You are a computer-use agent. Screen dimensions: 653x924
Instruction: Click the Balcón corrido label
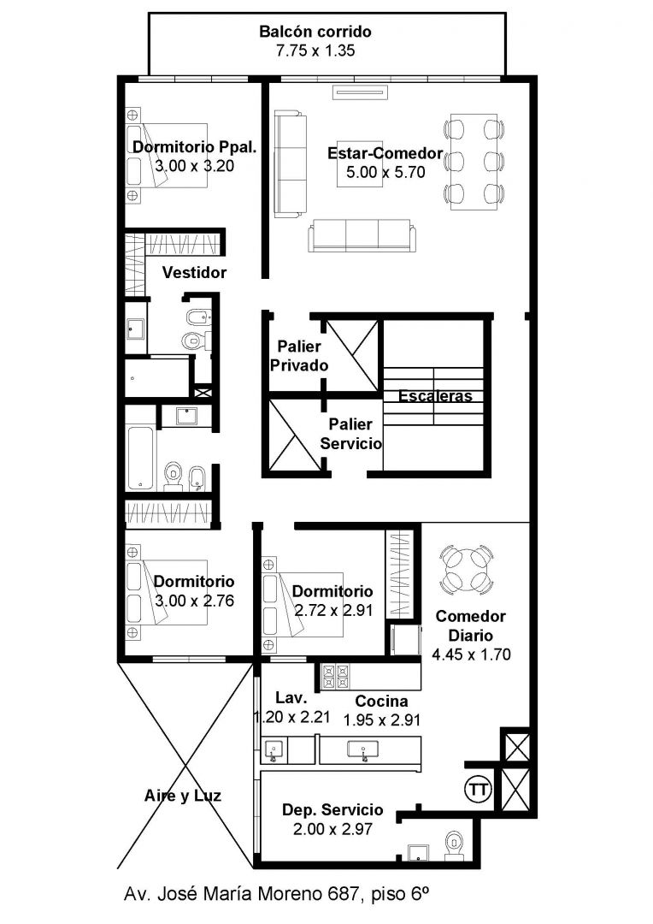(x=315, y=32)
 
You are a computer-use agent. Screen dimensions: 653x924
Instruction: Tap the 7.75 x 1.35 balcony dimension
(x=315, y=50)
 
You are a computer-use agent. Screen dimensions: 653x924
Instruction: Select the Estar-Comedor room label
(x=385, y=153)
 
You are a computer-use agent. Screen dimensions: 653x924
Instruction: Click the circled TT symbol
(x=478, y=789)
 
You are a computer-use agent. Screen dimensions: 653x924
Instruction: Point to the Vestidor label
(x=194, y=272)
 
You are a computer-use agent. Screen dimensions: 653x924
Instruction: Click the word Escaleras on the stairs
(x=436, y=396)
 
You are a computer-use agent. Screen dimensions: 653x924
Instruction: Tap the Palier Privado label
(x=299, y=356)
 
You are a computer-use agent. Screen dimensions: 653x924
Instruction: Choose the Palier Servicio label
(x=351, y=434)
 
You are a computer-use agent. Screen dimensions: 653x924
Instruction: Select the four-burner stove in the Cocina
(x=335, y=677)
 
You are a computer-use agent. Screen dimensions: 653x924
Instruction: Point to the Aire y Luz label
(x=183, y=797)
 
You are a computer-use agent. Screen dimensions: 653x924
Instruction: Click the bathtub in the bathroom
(x=141, y=459)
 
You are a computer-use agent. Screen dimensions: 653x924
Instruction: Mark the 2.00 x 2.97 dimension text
(x=332, y=829)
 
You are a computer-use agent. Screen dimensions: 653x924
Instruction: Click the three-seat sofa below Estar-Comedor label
(x=362, y=236)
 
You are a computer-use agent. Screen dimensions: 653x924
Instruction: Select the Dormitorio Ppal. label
(x=195, y=147)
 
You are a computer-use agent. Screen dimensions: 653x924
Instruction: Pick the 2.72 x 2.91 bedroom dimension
(x=334, y=611)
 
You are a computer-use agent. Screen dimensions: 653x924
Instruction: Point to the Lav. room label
(x=291, y=698)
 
